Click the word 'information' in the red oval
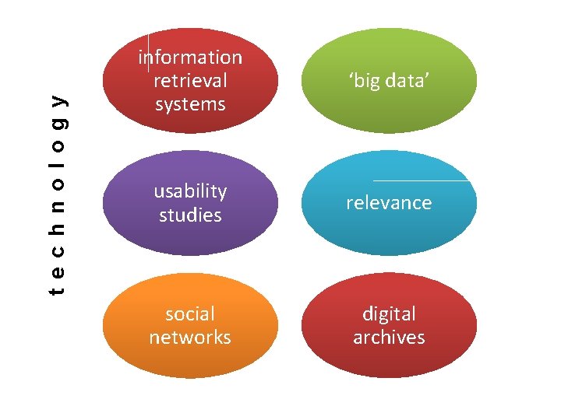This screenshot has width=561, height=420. (190, 58)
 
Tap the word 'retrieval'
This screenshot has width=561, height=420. (190, 81)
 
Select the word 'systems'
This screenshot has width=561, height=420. (190, 104)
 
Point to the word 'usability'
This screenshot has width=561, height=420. (190, 191)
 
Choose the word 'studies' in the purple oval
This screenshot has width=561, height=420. (190, 215)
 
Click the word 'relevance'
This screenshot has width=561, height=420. (389, 203)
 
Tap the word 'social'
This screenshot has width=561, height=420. (190, 314)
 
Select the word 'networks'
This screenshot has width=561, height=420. (190, 338)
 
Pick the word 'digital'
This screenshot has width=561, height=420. (389, 314)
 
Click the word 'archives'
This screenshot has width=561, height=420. (389, 338)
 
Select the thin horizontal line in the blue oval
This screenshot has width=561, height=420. (422, 180)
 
